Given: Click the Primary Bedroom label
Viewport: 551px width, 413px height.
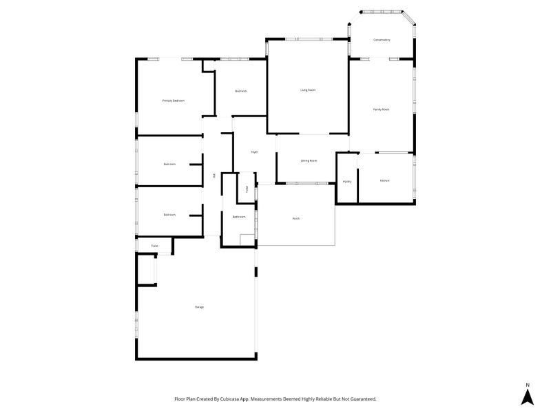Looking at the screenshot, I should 173,100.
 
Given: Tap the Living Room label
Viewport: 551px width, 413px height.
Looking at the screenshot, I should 308,89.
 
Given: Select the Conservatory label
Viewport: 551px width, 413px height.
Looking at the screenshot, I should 382,40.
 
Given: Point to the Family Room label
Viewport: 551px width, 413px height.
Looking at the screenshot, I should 382,109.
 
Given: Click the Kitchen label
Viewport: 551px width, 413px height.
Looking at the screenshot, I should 385,180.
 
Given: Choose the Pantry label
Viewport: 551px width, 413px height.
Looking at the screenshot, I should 347,181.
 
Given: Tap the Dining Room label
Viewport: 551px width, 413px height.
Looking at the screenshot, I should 309,160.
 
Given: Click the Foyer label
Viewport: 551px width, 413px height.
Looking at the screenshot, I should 254,151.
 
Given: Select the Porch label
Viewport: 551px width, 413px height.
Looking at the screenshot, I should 295,218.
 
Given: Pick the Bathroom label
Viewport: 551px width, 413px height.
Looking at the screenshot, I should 239,216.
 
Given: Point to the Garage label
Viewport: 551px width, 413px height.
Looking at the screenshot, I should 199,307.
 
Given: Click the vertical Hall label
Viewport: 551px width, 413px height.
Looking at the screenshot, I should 215,176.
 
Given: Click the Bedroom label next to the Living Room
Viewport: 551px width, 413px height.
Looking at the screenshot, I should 240,91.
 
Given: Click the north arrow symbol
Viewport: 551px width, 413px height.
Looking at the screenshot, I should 527,396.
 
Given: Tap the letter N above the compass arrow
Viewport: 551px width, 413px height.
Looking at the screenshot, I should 527,384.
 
